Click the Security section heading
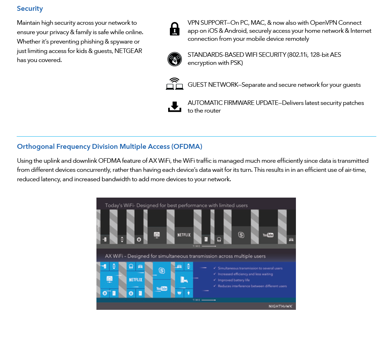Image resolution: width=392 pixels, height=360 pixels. pos(30,9)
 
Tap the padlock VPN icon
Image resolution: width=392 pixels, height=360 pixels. pos(174,29)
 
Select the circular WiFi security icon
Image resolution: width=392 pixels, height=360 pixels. pos(174,59)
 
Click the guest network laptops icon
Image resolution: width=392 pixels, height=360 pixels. pos(174,84)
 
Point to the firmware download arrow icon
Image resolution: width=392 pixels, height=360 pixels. pos(174,107)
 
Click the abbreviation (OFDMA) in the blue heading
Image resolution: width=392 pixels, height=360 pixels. pos(187,146)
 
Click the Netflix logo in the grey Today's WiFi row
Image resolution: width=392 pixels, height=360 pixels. pos(184,235)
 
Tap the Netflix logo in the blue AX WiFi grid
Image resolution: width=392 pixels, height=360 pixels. pos(135,279)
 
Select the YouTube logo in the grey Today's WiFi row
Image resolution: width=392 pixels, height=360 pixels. pos(268,235)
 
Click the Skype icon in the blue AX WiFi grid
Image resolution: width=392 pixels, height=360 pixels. pos(162,270)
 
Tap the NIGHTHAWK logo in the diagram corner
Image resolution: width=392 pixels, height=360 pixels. pos(281,306)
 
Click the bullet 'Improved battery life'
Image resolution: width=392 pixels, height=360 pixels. pos(234,280)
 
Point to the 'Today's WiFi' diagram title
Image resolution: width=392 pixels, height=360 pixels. pos(176,205)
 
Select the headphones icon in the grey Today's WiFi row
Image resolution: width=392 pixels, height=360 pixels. pos(219,239)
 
